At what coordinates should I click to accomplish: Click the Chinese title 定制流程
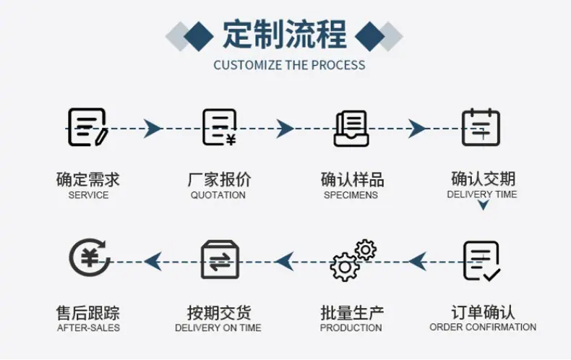pos(284,35)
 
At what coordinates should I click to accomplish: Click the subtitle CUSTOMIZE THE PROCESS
pos(290,65)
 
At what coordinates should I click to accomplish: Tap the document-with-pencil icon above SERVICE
pos(87,127)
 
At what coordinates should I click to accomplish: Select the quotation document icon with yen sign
pos(219,127)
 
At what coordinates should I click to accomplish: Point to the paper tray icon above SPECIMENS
pos(351,129)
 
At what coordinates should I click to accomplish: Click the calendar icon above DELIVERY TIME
pos(481,127)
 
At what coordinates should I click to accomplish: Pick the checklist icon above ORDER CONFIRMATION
pos(482,261)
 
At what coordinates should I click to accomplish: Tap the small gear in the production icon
pos(366,249)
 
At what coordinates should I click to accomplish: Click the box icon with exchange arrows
pos(220,260)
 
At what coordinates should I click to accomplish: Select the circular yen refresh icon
pos(89,257)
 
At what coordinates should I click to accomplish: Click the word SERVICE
pos(88,195)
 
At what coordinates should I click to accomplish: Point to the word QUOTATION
pos(218,195)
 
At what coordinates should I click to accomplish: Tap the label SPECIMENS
pos(351,195)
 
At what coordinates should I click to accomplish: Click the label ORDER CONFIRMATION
pos(483,327)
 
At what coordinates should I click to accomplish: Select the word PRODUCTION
pos(351,327)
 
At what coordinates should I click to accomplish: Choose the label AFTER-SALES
pos(88,327)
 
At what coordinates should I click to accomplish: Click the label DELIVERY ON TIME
pos(218,327)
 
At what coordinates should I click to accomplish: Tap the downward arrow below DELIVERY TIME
pos(484,205)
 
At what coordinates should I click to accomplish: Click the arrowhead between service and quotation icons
pos(153,128)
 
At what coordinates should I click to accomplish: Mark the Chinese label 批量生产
pos(352,312)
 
